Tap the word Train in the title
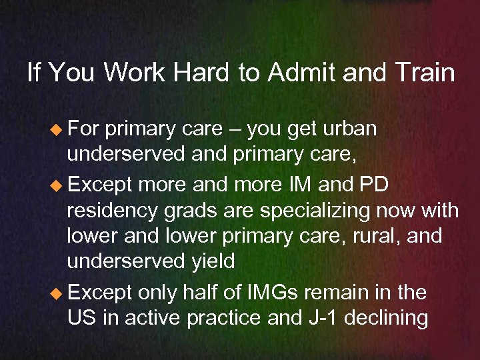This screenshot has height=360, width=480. pyautogui.click(x=423, y=72)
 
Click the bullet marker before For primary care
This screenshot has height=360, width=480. pyautogui.click(x=57, y=129)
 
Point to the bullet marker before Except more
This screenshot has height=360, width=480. pyautogui.click(x=57, y=184)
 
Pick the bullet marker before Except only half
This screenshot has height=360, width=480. pyautogui.click(x=57, y=293)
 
